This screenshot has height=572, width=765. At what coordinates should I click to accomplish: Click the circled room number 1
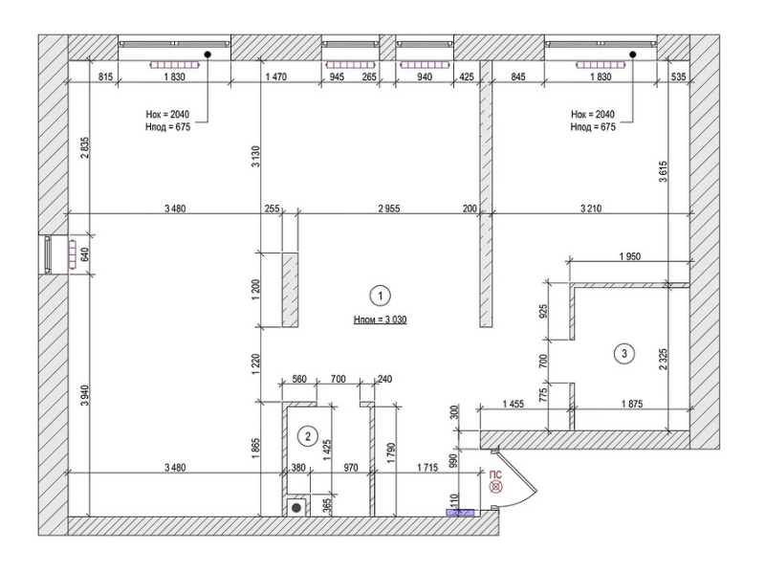point(381,296)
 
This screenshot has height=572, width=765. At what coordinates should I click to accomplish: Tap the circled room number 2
point(308,436)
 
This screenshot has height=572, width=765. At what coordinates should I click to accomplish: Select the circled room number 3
point(625,353)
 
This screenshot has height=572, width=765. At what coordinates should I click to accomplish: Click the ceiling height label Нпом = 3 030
point(381,319)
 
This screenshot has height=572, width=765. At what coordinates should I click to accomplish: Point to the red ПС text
point(495,474)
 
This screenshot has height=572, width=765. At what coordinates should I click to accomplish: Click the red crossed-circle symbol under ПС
point(496,487)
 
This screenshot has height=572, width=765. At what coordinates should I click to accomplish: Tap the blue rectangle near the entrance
point(461,513)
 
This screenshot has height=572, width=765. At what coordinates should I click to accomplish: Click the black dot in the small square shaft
point(296,508)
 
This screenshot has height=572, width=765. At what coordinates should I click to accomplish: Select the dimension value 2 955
point(389,209)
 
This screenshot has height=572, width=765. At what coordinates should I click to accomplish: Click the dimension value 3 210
point(591,209)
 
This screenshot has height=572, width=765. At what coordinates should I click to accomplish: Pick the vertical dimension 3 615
point(663,171)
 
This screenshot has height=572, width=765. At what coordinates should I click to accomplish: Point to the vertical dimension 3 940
point(85,396)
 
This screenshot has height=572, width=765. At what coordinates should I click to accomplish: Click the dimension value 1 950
point(630,256)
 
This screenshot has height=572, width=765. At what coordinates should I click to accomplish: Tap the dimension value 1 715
point(427,468)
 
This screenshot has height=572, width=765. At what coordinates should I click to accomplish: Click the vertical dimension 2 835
point(85,147)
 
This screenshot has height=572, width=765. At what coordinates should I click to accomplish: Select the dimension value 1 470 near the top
point(275,77)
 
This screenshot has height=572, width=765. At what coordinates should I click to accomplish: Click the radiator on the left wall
point(73,253)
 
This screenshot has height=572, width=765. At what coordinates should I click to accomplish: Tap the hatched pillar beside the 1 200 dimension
point(291,290)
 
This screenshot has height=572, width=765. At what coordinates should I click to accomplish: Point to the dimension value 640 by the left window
point(85,254)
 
